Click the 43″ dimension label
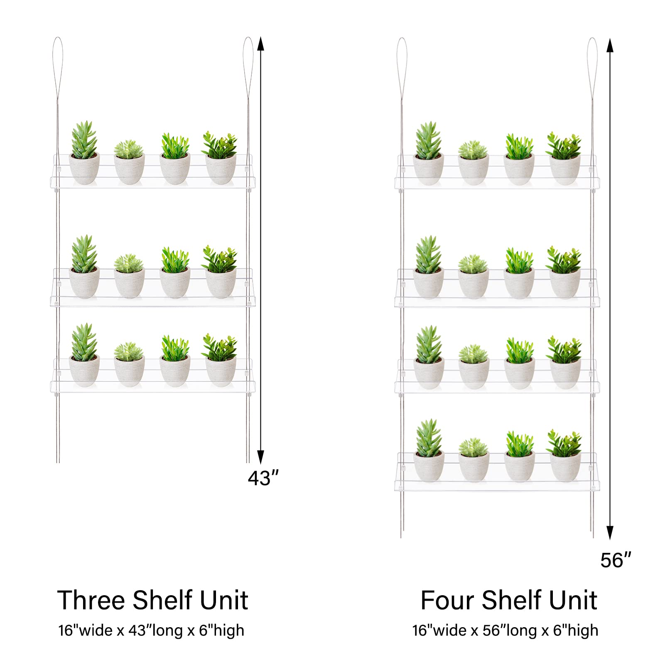tap(263, 478)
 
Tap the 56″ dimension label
tap(616, 560)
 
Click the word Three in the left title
tap(91, 600)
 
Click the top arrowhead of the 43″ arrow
tap(260, 43)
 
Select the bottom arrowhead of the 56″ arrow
tap(610, 532)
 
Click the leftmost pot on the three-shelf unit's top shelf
tap(84, 169)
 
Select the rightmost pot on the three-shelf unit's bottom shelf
tap(221, 371)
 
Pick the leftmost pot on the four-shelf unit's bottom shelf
tap(429, 466)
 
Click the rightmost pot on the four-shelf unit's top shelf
tap(565, 170)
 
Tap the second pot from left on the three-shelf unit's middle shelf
tap(130, 283)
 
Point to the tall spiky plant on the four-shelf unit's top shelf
tap(428, 140)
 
